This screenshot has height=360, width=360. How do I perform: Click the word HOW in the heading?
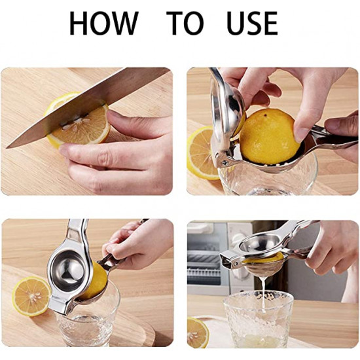104,23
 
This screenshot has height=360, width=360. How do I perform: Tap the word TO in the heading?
185,23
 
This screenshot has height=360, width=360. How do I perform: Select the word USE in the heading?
252,23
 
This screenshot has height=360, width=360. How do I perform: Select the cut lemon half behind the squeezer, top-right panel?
200,153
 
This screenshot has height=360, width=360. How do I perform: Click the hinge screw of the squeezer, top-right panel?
225,163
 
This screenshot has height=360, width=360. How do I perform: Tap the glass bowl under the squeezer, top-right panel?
268,177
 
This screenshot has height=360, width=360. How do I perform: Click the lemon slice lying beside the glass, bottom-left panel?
31,296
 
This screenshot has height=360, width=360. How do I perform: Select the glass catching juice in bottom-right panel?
259,319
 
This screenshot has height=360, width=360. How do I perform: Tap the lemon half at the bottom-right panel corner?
198,333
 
